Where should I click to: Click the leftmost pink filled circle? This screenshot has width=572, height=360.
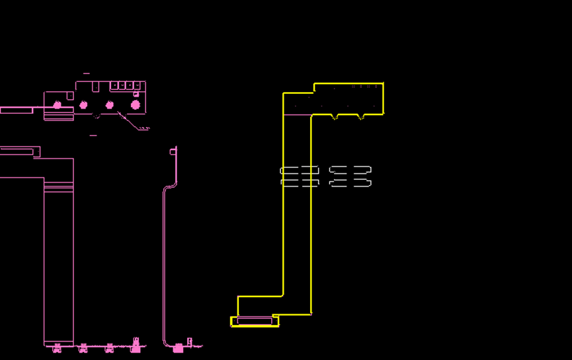[58, 105]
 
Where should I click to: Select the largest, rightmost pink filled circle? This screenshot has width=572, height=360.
[136, 105]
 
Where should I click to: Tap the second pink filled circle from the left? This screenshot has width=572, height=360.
[83, 105]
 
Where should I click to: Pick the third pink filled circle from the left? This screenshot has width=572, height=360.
[110, 105]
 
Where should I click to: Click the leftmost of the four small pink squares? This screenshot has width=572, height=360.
[114, 85]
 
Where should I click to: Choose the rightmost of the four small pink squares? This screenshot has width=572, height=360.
[138, 85]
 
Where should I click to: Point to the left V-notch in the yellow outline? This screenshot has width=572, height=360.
[335, 118]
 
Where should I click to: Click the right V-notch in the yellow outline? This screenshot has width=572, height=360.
[360, 118]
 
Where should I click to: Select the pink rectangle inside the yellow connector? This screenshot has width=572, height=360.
[255, 322]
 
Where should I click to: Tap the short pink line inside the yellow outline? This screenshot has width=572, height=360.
[297, 115]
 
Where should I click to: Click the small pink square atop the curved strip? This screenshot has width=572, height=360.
[173, 152]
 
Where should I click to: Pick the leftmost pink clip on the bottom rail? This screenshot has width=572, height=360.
[57, 348]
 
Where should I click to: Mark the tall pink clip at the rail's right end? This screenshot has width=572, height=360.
[136, 345]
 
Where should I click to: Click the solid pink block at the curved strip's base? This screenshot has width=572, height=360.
[178, 348]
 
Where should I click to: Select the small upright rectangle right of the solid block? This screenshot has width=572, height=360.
[190, 342]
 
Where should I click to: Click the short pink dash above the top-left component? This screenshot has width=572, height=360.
[87, 73]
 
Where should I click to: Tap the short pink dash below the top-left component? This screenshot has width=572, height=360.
[93, 135]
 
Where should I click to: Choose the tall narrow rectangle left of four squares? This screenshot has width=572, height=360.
[96, 87]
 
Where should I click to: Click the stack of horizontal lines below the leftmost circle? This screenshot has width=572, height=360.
[58, 116]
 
